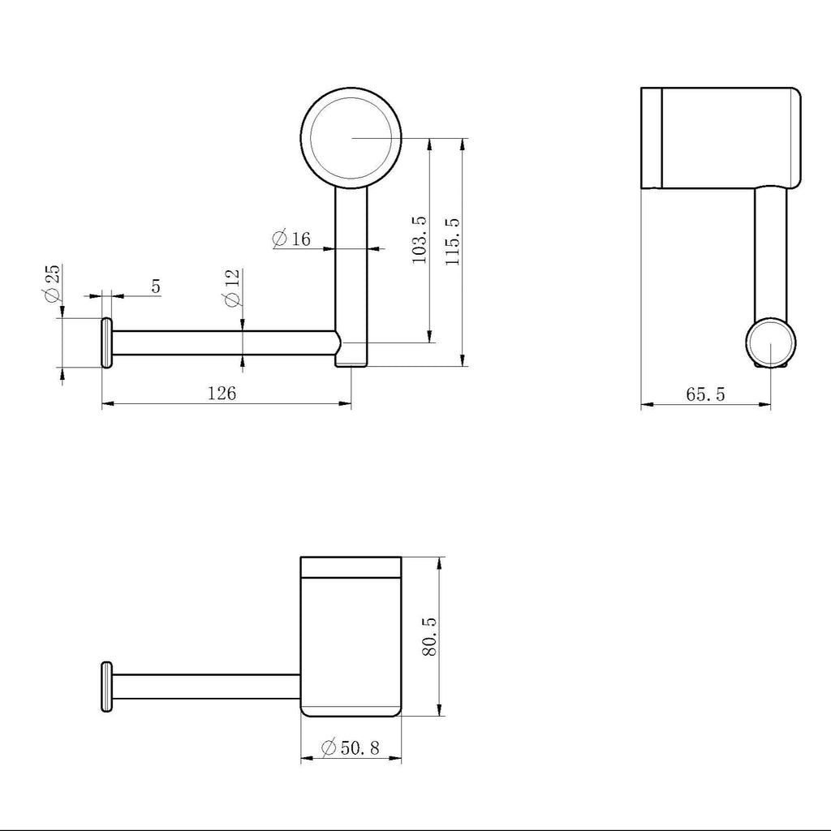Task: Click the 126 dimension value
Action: click(x=222, y=394)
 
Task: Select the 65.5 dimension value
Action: click(x=705, y=394)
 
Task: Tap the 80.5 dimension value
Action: click(x=429, y=636)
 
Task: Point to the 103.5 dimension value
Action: click(x=420, y=239)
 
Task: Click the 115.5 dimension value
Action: click(x=453, y=242)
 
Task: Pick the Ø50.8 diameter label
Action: click(x=351, y=747)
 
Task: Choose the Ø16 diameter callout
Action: click(x=291, y=239)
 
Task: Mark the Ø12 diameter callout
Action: click(x=233, y=288)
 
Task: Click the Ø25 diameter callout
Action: click(x=53, y=283)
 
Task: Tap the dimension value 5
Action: click(x=155, y=286)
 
